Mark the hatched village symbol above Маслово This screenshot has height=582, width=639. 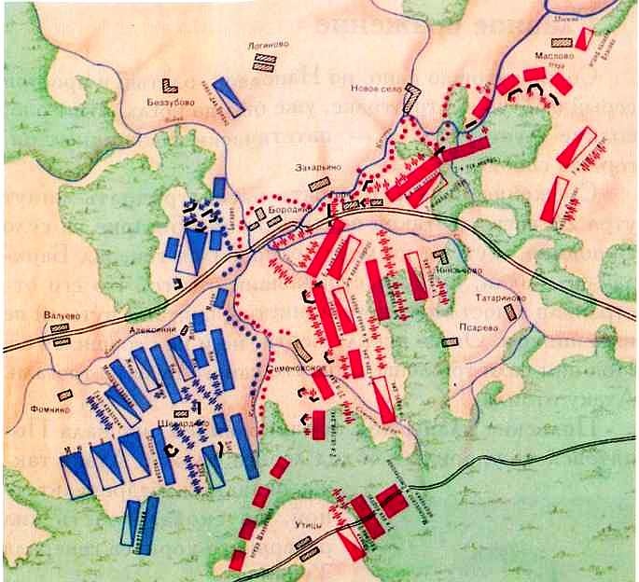[x=561, y=43]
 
